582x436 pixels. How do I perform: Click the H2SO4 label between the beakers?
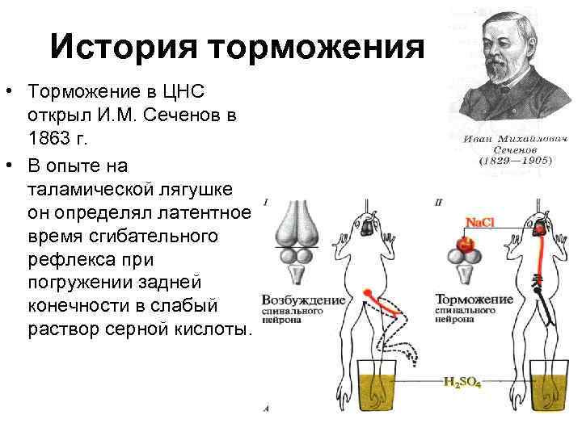click(x=462, y=382)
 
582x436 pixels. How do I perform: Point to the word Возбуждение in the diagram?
click(x=303, y=300)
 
